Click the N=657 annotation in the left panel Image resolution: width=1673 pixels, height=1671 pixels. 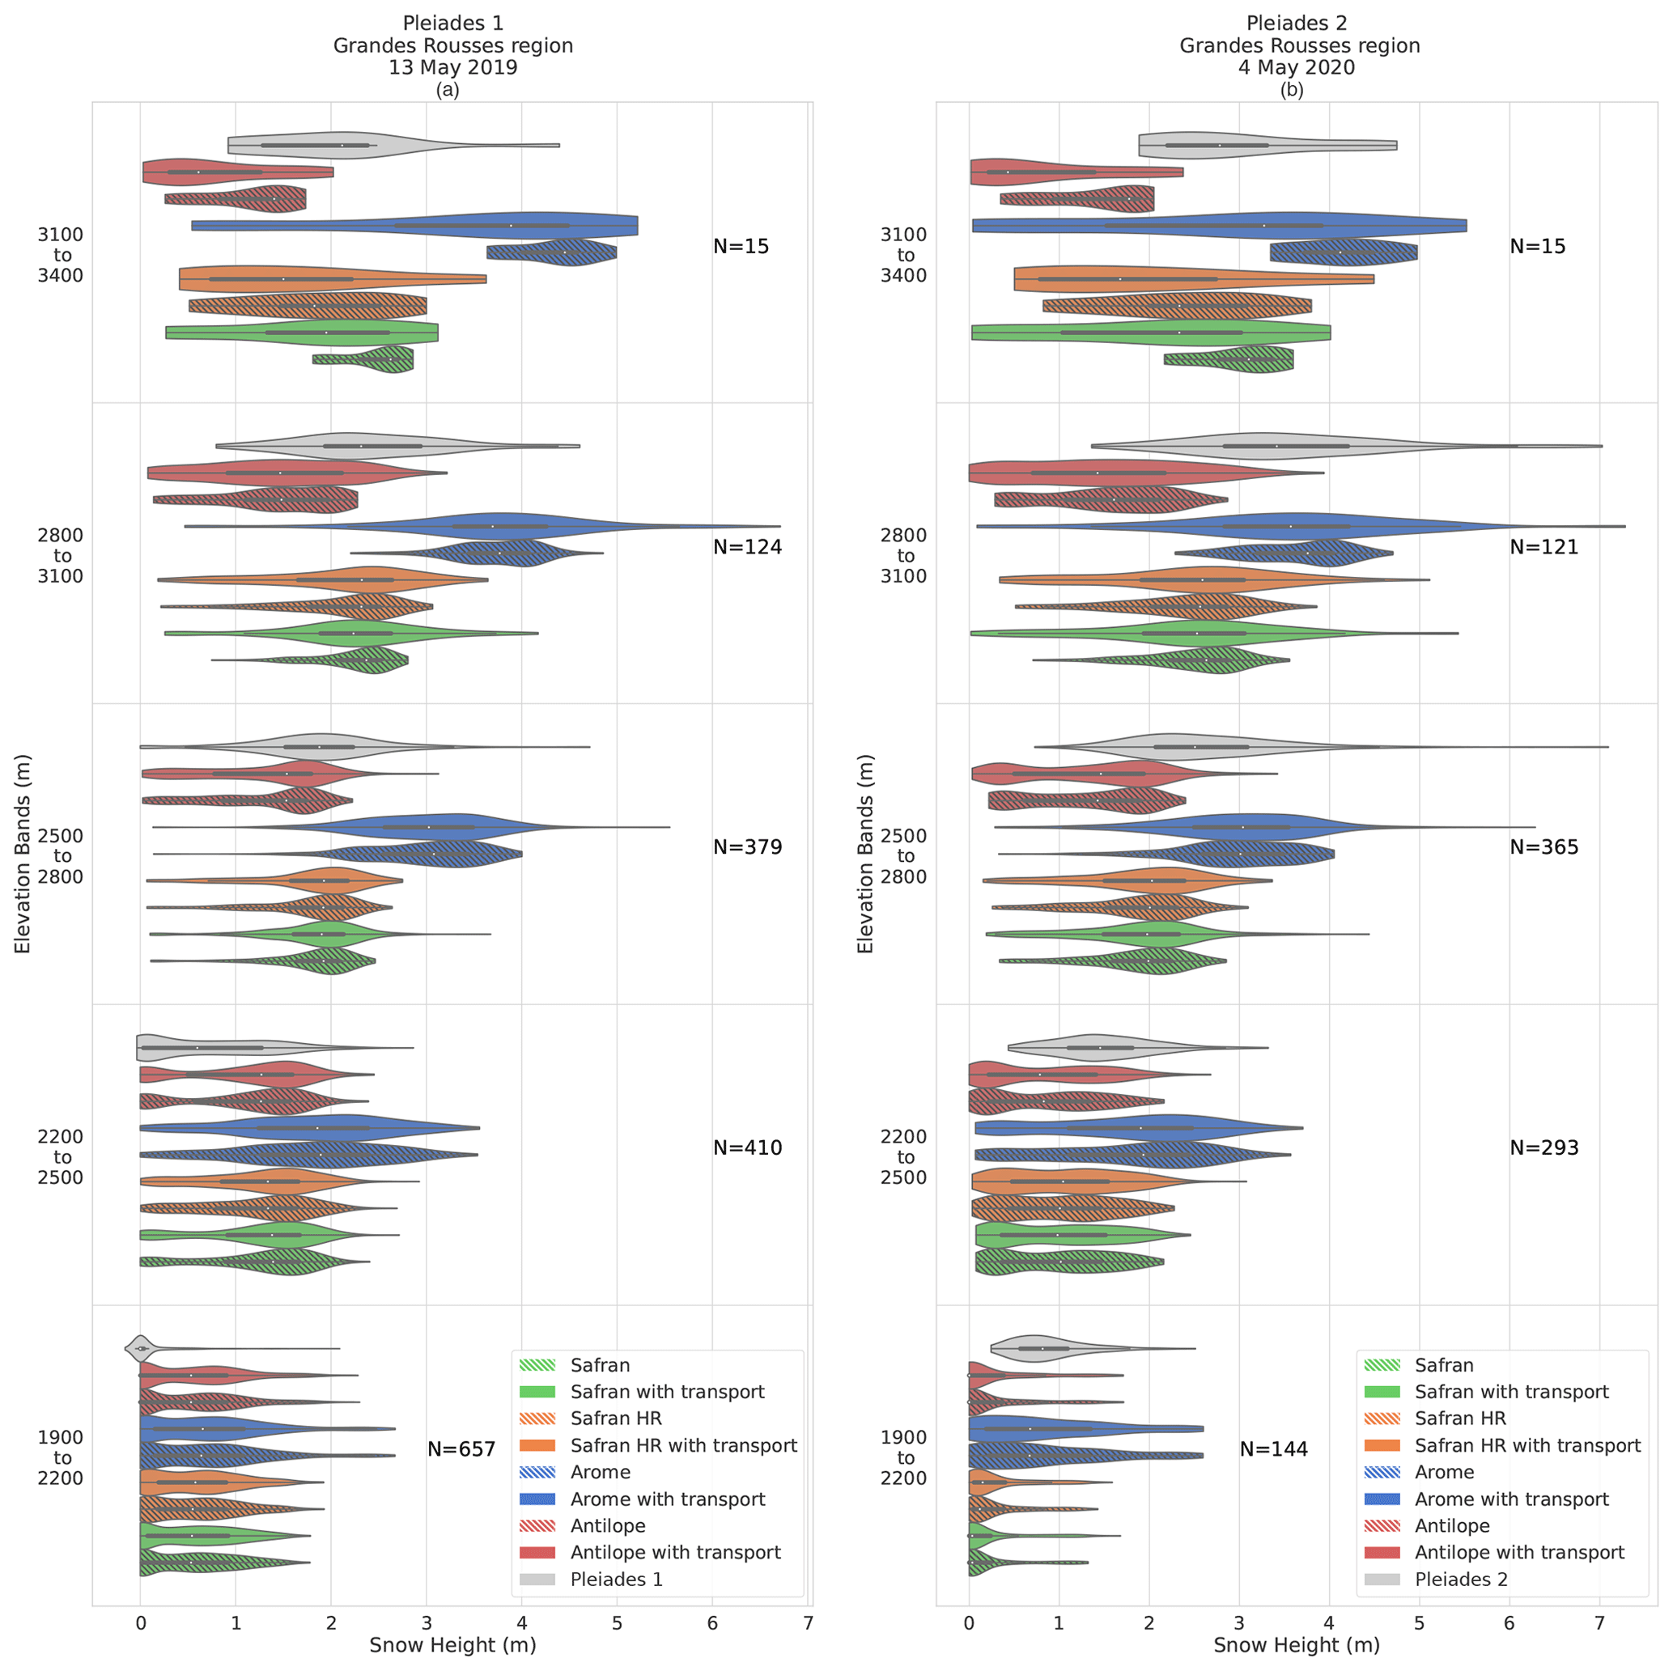pyautogui.click(x=461, y=1448)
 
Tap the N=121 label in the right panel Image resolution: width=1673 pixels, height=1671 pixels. pyautogui.click(x=1543, y=546)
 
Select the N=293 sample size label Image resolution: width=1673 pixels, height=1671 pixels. pyautogui.click(x=1543, y=1147)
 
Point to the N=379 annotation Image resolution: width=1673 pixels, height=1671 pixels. pyautogui.click(x=747, y=846)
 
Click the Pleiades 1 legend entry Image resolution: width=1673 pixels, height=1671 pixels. pyautogui.click(x=616, y=1580)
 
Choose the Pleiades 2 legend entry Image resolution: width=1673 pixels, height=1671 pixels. pyautogui.click(x=1460, y=1580)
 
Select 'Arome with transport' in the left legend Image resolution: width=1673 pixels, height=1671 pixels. pyautogui.click(x=667, y=1499)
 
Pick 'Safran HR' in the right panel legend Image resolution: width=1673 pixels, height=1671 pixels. pyautogui.click(x=1460, y=1419)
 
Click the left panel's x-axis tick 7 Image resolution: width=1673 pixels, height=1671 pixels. pyautogui.click(x=808, y=1623)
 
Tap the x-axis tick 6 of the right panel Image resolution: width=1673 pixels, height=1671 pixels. pyautogui.click(x=1509, y=1623)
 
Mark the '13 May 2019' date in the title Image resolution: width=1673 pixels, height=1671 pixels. pyautogui.click(x=453, y=67)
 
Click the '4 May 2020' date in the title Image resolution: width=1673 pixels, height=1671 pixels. pyautogui.click(x=1296, y=67)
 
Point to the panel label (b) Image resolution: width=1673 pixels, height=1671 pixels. pyautogui.click(x=1291, y=90)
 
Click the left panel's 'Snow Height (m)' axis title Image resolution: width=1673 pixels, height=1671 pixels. pyautogui.click(x=453, y=1645)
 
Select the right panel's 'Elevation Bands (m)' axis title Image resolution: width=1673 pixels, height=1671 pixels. pyautogui.click(x=865, y=854)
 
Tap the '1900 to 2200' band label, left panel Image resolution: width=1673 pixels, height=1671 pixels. pyautogui.click(x=61, y=1458)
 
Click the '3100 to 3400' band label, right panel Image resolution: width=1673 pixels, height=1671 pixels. pyautogui.click(x=904, y=255)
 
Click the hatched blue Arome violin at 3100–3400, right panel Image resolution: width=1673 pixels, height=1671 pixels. pyautogui.click(x=1342, y=252)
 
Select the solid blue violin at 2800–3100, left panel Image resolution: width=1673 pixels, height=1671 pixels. pyautogui.click(x=494, y=525)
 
